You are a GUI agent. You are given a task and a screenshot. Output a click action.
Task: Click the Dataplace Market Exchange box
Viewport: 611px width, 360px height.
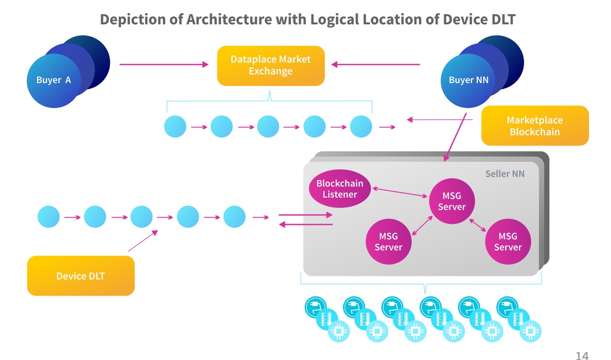tap(270, 65)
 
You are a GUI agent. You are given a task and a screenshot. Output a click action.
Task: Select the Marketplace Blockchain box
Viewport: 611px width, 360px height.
tap(535, 126)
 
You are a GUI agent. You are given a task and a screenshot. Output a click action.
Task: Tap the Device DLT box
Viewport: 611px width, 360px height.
tap(81, 275)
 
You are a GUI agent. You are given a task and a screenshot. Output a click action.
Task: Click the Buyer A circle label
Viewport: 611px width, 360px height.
tap(54, 80)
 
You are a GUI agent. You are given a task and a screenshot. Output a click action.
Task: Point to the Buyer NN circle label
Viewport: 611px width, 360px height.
tap(469, 80)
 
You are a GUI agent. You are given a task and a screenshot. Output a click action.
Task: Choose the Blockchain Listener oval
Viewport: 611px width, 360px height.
tap(340, 189)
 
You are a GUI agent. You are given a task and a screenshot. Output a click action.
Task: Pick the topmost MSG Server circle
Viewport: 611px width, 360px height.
tap(451, 201)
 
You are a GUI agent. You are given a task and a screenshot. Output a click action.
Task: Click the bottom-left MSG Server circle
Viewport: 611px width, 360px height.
tap(388, 242)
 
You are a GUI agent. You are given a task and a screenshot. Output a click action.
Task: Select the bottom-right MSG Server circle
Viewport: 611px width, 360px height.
tap(507, 242)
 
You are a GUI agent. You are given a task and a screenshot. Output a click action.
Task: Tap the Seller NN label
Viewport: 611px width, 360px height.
tap(504, 174)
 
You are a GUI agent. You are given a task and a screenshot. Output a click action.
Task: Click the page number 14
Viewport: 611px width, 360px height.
tap(582, 356)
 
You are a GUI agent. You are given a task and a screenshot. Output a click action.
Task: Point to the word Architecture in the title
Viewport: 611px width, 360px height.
tap(247, 20)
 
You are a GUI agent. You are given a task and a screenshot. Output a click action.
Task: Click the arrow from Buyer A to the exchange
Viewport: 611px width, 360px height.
tap(164, 64)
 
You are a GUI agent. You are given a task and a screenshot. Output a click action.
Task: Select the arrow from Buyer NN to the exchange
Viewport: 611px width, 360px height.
tap(375, 64)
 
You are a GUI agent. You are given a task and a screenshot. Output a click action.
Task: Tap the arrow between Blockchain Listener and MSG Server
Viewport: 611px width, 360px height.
tap(400, 192)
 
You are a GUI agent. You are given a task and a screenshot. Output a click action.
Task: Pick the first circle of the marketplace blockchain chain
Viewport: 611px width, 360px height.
tap(175, 127)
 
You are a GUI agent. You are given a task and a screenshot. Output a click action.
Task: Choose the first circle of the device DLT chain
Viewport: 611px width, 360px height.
tap(49, 217)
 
